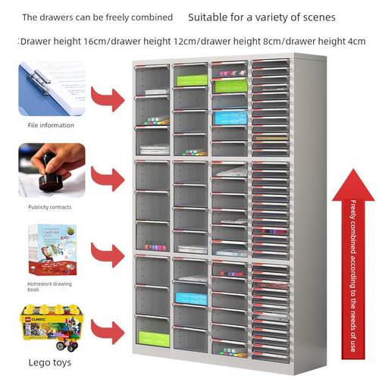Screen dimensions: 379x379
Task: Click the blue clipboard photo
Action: (x=52, y=89)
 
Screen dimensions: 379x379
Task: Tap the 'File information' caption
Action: (x=51, y=125)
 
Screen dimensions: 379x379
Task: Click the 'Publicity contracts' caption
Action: (x=50, y=207)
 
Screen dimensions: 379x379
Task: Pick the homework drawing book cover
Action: (x=52, y=249)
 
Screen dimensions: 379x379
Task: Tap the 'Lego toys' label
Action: (x=50, y=362)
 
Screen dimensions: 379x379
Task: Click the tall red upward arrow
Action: (x=353, y=264)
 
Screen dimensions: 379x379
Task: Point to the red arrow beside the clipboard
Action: (x=108, y=99)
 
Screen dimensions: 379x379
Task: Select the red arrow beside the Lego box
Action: (x=108, y=332)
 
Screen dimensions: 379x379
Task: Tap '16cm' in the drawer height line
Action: (x=95, y=41)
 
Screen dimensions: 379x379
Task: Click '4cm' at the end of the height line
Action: (x=357, y=41)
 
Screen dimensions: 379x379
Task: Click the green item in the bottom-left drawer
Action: (x=154, y=339)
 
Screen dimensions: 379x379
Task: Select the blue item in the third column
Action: (x=230, y=118)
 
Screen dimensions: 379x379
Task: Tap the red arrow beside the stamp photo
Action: (x=108, y=179)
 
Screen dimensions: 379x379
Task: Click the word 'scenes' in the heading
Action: (x=319, y=17)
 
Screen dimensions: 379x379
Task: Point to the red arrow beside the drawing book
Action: (x=108, y=255)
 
